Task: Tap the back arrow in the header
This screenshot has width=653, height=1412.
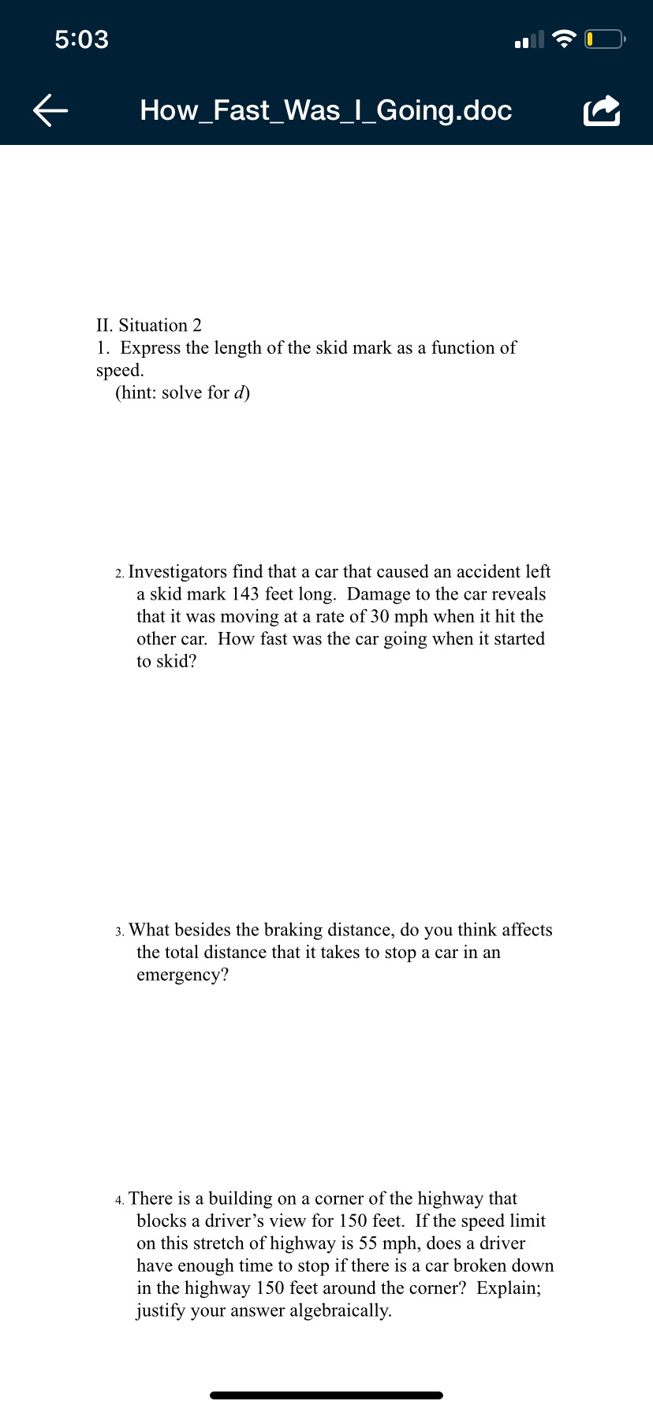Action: pos(50,110)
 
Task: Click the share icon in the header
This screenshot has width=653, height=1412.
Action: pos(602,111)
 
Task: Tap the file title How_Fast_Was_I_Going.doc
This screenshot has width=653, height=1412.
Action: pos(326,110)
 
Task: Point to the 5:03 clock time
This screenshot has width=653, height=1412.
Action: pos(82,39)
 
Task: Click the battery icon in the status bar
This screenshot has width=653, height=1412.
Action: pos(605,39)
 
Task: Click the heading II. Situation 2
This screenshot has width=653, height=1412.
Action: pos(149,325)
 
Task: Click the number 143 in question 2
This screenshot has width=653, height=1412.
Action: pos(246,594)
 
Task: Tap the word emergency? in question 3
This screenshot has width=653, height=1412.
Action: pos(182,975)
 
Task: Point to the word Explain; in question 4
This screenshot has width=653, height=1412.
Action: pos(509,1288)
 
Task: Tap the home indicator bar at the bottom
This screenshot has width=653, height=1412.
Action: pos(326,1395)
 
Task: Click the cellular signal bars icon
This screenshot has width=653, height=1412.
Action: pos(528,39)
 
